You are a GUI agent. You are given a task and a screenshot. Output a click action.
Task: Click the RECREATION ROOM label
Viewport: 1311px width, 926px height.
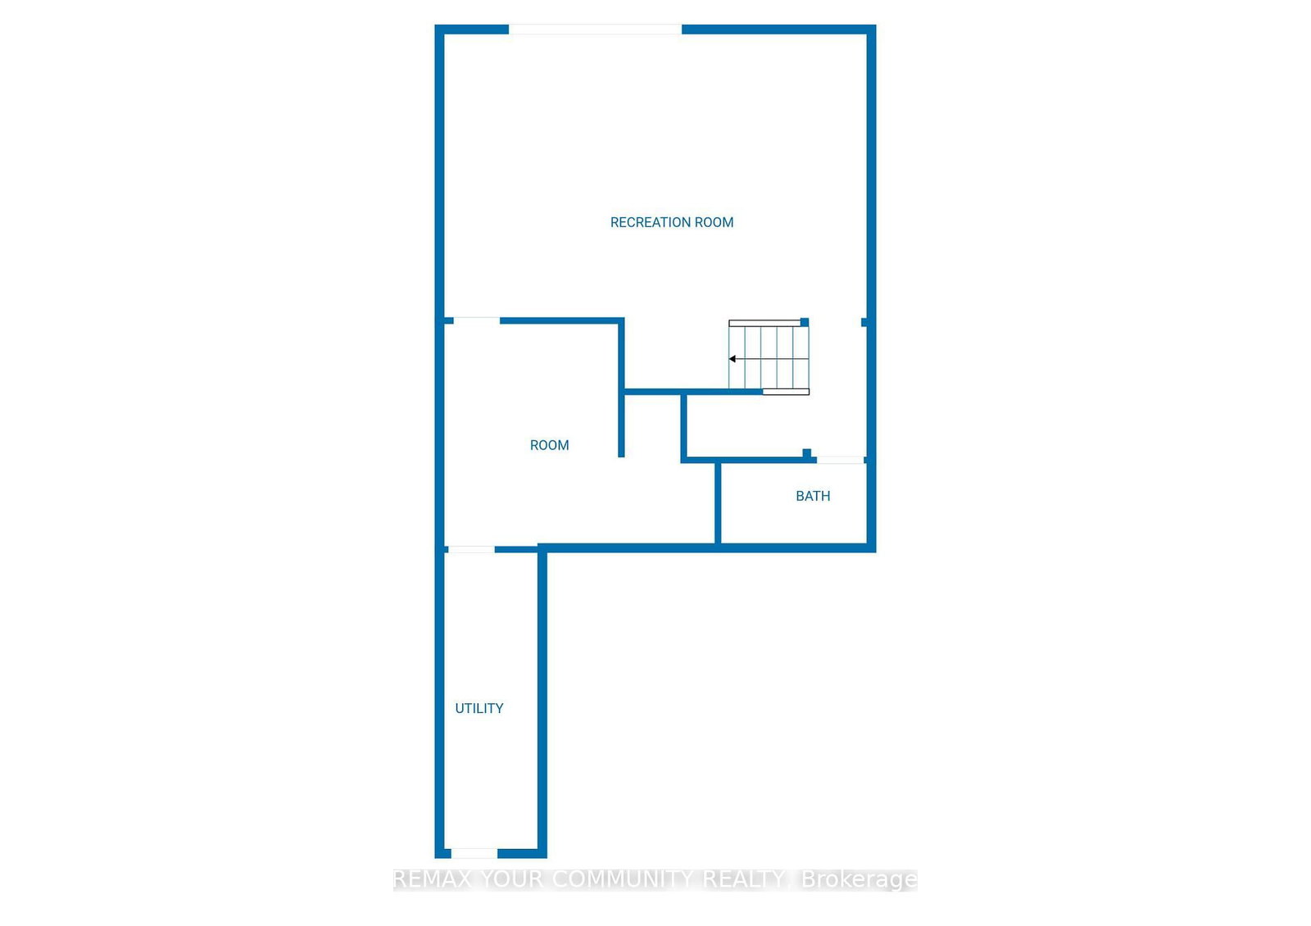[x=671, y=222]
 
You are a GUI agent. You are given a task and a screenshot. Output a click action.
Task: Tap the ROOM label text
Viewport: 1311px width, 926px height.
[x=549, y=445]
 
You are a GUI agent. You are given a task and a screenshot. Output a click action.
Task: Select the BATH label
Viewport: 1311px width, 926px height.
[x=813, y=496]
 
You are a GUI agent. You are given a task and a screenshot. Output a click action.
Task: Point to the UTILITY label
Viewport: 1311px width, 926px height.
[x=479, y=708]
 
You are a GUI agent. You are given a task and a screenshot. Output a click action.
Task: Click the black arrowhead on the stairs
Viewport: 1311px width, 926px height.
[x=733, y=359]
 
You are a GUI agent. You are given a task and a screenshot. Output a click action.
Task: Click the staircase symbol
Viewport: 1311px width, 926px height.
[x=769, y=357]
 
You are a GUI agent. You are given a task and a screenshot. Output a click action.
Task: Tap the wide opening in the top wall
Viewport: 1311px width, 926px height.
[x=595, y=30]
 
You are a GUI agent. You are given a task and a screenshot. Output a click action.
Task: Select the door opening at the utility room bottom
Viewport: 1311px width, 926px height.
[x=474, y=854]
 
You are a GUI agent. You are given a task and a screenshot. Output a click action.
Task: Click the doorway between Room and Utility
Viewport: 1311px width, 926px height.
[x=470, y=549]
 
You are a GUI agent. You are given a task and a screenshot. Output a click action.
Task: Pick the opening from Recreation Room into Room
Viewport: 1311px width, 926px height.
[x=477, y=320]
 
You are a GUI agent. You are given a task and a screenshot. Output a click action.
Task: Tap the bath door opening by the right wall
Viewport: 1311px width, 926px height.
[x=840, y=460]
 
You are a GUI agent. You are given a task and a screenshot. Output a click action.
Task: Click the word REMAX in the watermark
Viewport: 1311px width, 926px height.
[x=433, y=879]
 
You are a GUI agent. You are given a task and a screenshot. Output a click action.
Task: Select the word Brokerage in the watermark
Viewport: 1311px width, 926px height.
[x=859, y=879]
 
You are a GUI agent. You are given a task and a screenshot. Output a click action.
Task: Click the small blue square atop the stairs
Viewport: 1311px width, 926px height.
[x=805, y=322]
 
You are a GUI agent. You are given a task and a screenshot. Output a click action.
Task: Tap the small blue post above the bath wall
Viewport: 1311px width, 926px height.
[x=807, y=453]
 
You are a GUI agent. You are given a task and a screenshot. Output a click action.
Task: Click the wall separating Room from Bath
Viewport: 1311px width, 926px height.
[x=718, y=502]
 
